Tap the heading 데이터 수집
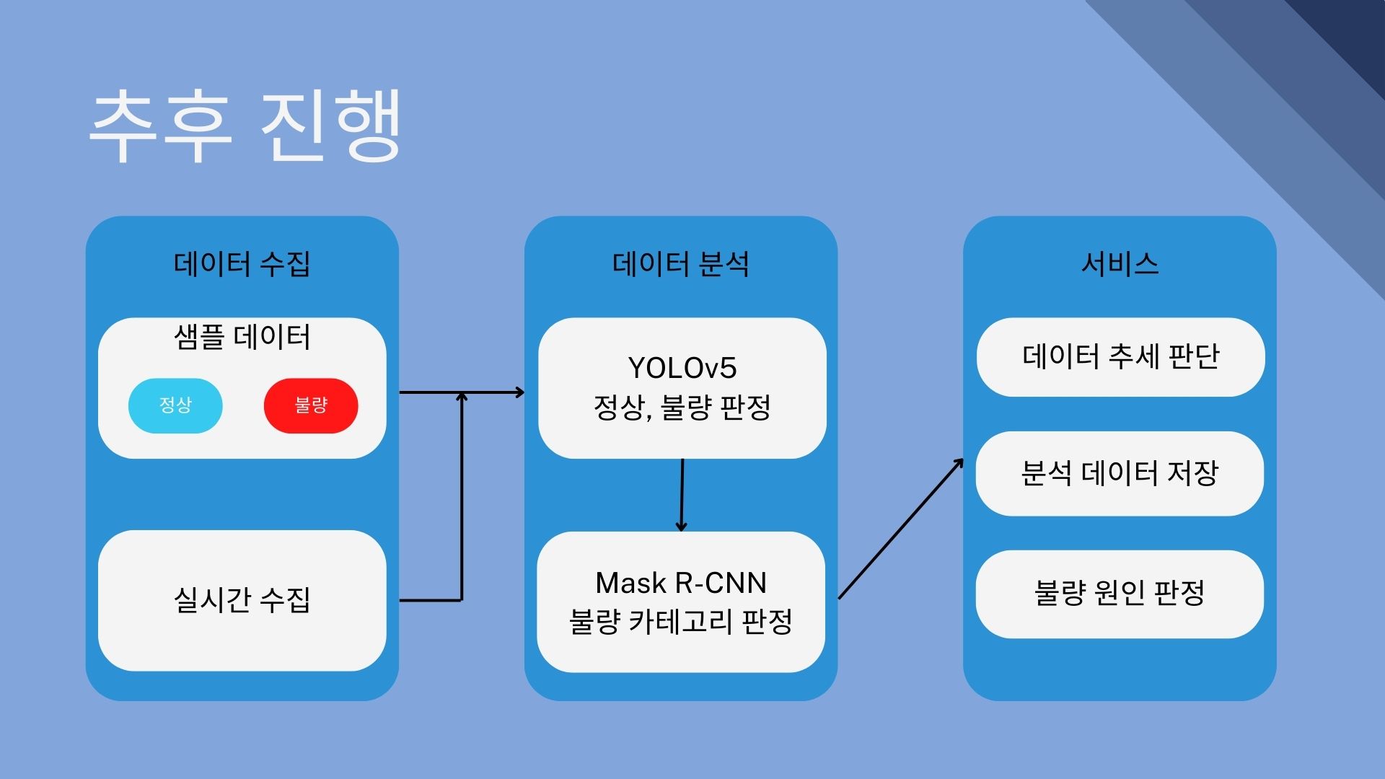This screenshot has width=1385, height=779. [x=242, y=264]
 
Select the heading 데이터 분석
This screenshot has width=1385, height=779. [x=680, y=264]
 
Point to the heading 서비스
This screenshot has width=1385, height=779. [x=1120, y=264]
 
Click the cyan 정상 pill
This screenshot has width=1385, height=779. [x=175, y=405]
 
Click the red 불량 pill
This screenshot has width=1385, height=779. [x=311, y=405]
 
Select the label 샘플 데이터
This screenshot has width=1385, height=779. [x=242, y=338]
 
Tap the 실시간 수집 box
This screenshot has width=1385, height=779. [x=242, y=600]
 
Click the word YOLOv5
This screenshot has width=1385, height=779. [x=682, y=368]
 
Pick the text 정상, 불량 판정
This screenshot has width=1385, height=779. [x=682, y=408]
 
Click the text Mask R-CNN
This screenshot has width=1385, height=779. [x=681, y=583]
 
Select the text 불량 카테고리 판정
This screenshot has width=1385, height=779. [x=681, y=622]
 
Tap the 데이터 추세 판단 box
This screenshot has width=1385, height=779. [x=1120, y=356]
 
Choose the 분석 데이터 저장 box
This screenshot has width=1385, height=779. [x=1120, y=473]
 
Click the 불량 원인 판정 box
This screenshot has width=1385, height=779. [x=1120, y=594]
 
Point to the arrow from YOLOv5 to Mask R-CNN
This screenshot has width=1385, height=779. [x=682, y=495]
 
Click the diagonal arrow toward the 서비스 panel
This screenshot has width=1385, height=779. [x=900, y=529]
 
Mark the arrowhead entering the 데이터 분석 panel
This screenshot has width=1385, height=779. [x=519, y=392]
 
